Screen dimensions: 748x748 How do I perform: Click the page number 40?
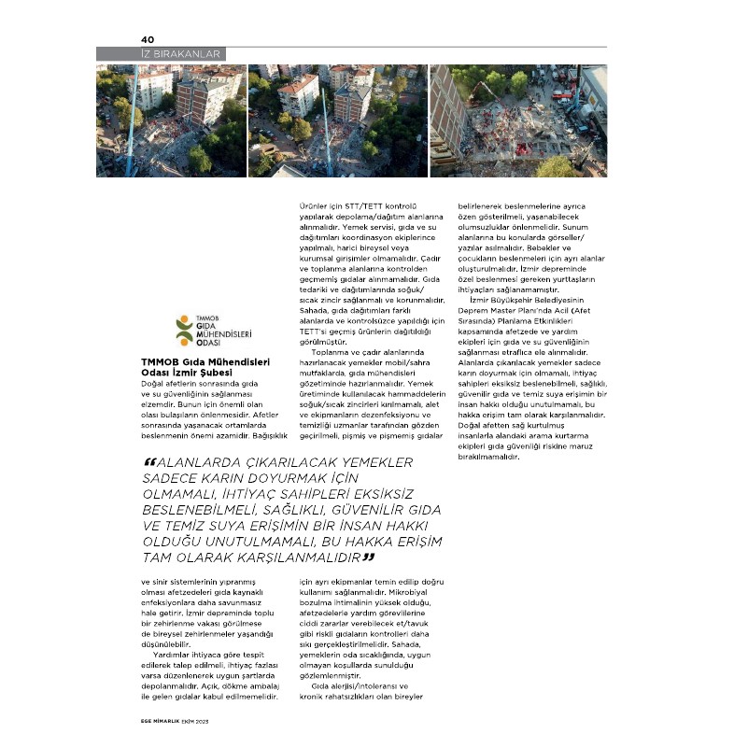[147, 39]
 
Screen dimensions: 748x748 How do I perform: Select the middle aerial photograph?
[337, 120]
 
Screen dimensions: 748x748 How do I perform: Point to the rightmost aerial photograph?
[518, 120]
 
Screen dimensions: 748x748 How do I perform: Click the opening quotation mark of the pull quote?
[150, 463]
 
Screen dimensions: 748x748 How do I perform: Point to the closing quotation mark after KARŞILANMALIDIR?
[369, 557]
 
